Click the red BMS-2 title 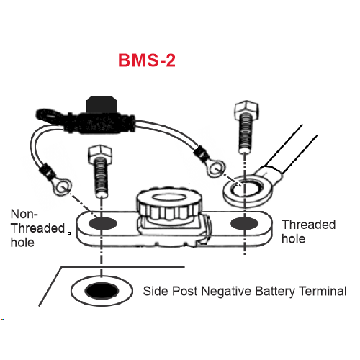click(x=147, y=60)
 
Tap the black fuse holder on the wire click(x=101, y=117)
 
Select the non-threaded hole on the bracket click(x=102, y=223)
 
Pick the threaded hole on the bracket click(x=244, y=223)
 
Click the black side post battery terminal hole click(x=102, y=291)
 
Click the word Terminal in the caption click(x=323, y=291)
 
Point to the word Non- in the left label click(x=24, y=214)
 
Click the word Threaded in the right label click(x=309, y=225)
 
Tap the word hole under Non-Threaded click(x=22, y=242)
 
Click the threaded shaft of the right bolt click(x=246, y=135)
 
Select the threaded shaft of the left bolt click(x=101, y=178)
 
